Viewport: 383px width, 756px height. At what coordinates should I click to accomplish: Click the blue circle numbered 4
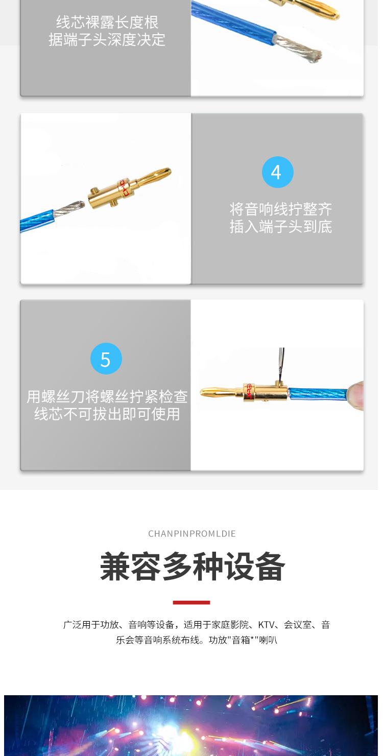coord(277,172)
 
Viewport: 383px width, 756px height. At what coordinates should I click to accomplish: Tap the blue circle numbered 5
coord(106,359)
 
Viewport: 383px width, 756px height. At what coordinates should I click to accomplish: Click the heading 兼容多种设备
coord(192,567)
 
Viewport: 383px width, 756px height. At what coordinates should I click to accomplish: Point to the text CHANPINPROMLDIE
coord(192,534)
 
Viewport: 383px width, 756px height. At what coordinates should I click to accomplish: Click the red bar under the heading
coord(192,603)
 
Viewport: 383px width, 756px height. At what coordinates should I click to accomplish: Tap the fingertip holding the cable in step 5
coord(357,394)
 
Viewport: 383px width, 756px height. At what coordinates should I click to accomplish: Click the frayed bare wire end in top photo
coord(306,50)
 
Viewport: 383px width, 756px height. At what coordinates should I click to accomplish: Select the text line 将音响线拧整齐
coord(280,209)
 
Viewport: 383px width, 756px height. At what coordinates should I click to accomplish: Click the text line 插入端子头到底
coord(280,226)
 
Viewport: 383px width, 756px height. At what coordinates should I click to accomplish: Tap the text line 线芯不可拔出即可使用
coord(107,414)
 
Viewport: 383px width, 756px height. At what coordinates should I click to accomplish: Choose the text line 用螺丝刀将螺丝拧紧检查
coord(107,396)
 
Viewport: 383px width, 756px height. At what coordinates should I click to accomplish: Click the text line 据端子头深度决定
coord(107,39)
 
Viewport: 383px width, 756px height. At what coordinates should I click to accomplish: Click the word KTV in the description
coord(267,625)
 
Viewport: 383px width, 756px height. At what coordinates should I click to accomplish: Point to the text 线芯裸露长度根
coord(107,22)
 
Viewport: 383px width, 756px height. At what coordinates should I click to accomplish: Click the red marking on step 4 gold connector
coord(123,187)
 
